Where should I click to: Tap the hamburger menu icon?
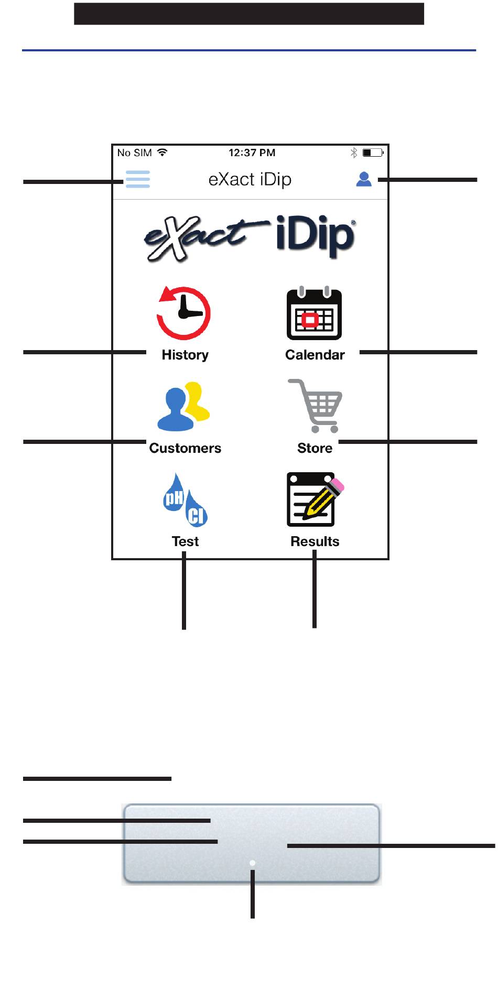[138, 179]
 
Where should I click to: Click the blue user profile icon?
[364, 179]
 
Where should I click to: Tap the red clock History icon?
[183, 313]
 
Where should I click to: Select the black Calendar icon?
[314, 313]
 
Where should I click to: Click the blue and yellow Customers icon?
[183, 407]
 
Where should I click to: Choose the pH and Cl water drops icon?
[185, 500]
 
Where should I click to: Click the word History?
[185, 355]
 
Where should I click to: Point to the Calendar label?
[315, 355]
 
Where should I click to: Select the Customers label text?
[185, 448]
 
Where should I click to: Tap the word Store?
[315, 448]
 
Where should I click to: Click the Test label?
[185, 541]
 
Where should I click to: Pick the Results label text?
[315, 541]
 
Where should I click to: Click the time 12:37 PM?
[252, 153]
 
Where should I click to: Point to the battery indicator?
[373, 153]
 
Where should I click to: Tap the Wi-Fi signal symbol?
[163, 153]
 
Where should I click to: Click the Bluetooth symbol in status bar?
[354, 153]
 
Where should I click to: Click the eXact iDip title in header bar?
[250, 179]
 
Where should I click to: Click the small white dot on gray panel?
[252, 863]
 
